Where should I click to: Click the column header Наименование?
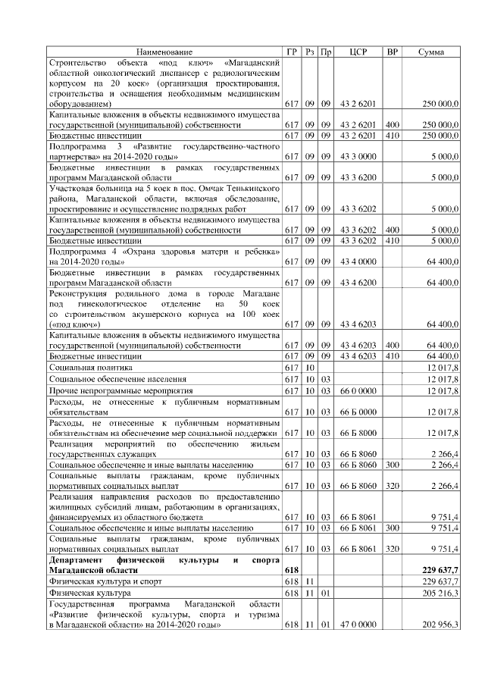pyautogui.click(x=164, y=52)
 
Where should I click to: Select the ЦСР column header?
pyautogui.click(x=358, y=52)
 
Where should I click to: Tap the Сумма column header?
pyautogui.click(x=432, y=52)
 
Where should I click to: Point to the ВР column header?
pyautogui.click(x=392, y=52)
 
